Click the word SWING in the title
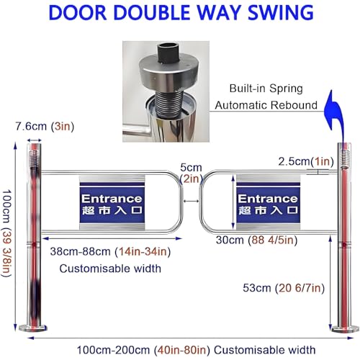280,12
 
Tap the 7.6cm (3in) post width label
45,126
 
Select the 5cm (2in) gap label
192,173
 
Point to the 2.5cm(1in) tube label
306,161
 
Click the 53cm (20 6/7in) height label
284,288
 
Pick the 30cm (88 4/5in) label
256,240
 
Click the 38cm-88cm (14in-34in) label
110,252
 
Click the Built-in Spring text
266,89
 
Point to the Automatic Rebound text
266,105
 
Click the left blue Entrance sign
112,202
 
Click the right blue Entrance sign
269,202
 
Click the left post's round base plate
33,328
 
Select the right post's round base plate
346,329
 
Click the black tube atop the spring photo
169,53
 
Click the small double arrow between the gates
192,201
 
